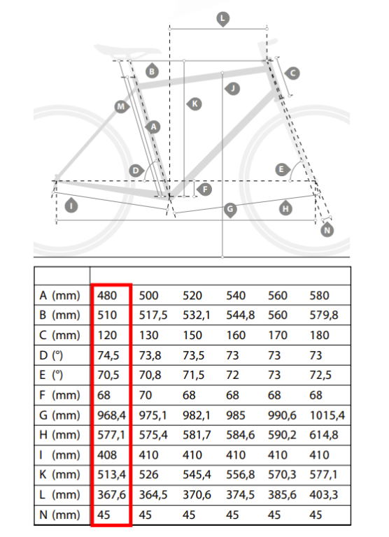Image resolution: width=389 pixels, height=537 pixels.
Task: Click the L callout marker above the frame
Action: pos(222,19)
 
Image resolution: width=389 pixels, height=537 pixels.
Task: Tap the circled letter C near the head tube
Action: pos(292,73)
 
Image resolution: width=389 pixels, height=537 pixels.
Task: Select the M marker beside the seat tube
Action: pos(121,107)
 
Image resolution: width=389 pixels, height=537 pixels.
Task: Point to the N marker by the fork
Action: pos(327,230)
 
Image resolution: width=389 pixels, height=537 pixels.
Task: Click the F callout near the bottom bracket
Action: pos(204,189)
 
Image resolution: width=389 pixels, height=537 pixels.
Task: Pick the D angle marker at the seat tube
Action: pos(136,170)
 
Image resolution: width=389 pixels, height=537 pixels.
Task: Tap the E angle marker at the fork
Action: pos(282,169)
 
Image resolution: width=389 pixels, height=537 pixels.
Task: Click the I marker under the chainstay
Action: pos(71,206)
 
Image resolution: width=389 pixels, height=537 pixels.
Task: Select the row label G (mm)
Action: pos(59,415)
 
